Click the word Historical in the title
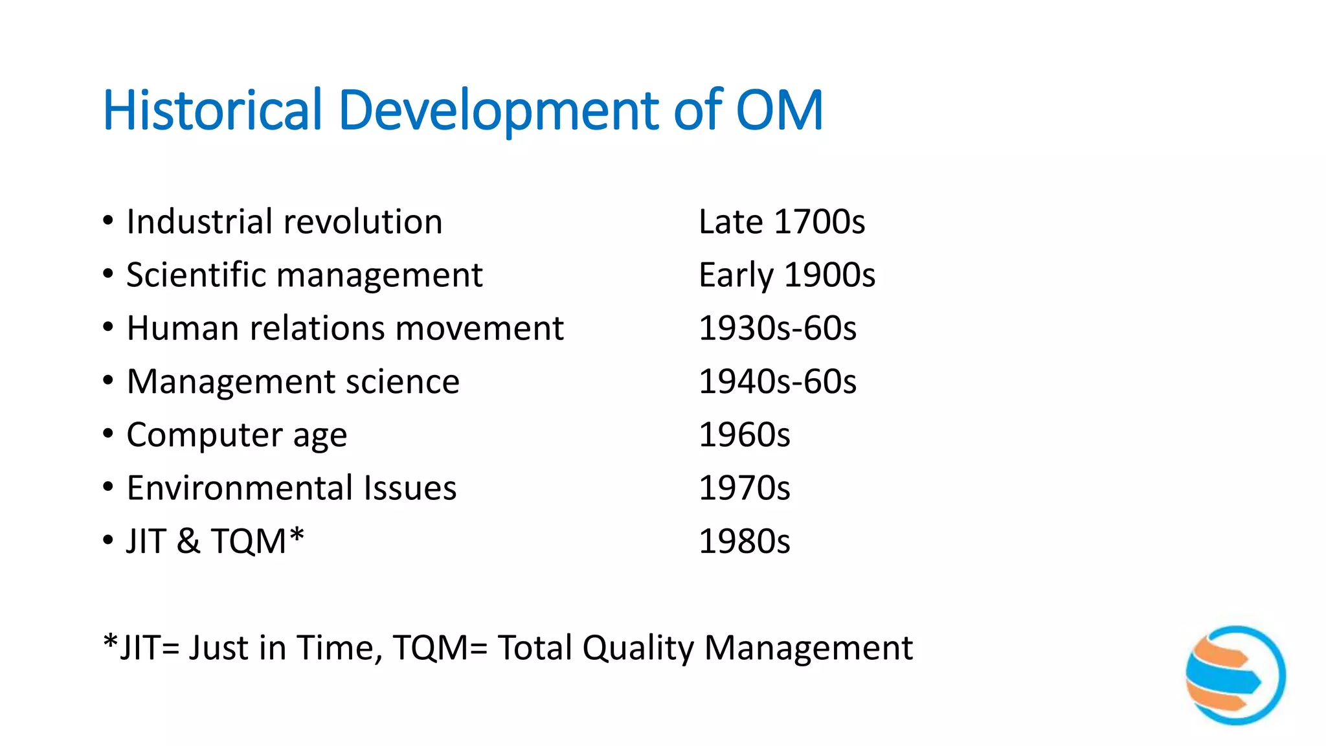(x=212, y=110)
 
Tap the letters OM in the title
(x=780, y=110)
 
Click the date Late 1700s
(x=781, y=222)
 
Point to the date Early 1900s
(x=787, y=275)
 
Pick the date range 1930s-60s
(x=777, y=328)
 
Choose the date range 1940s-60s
(x=777, y=381)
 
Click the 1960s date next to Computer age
(x=744, y=435)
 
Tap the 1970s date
(x=744, y=488)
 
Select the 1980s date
(x=744, y=541)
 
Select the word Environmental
(x=240, y=488)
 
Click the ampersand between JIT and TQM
(x=188, y=541)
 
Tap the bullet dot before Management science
(x=108, y=380)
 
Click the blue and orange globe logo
(x=1235, y=675)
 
